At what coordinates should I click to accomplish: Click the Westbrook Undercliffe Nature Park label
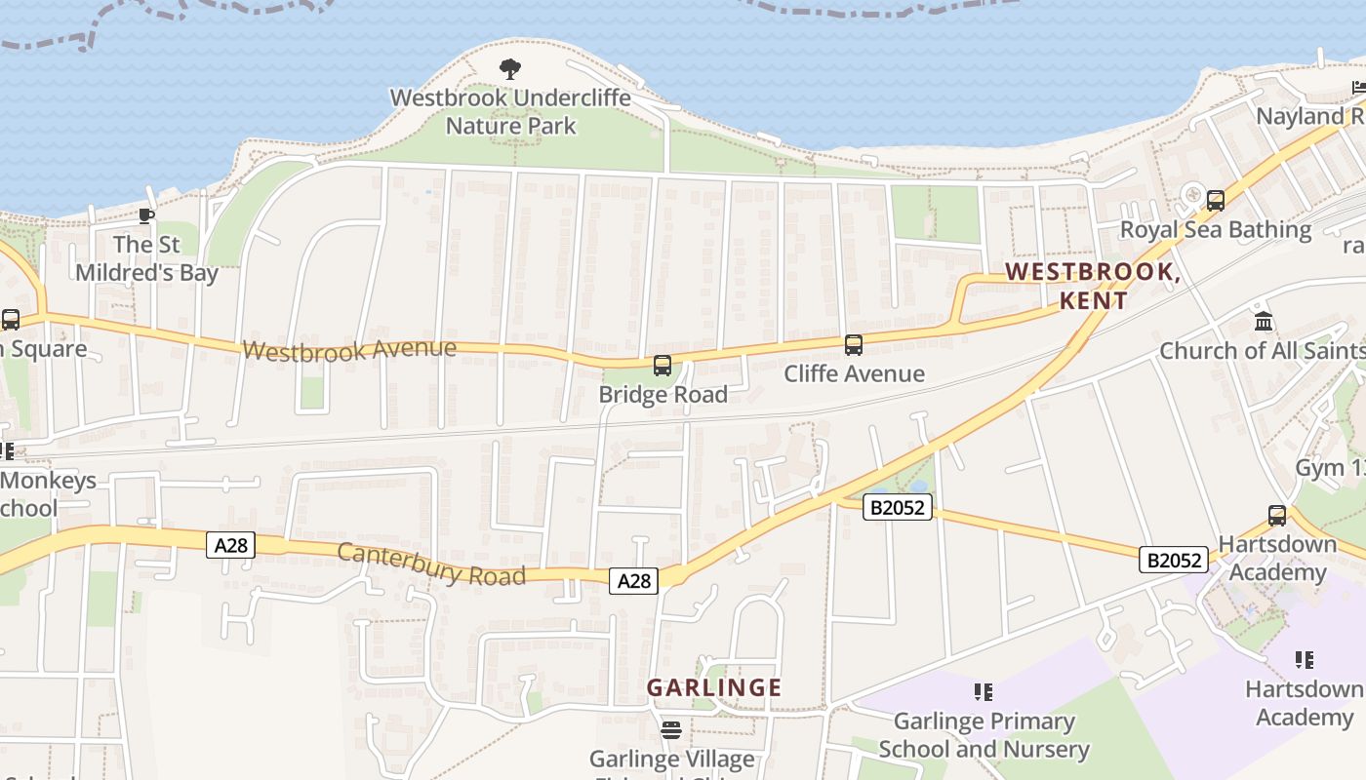(510, 112)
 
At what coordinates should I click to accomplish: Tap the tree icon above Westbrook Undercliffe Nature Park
(509, 69)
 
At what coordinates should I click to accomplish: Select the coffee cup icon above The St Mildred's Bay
(146, 215)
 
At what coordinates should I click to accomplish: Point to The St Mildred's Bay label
(146, 258)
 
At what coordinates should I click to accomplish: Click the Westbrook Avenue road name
(349, 349)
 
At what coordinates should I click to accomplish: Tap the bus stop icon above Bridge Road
(663, 366)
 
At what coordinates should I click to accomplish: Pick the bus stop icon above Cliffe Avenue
(854, 344)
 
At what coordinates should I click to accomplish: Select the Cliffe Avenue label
(854, 373)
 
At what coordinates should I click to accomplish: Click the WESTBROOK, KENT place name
(1093, 286)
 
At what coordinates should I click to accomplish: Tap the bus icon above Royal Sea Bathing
(1216, 201)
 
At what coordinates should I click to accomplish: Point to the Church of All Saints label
(1262, 350)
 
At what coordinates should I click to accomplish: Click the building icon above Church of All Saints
(1264, 321)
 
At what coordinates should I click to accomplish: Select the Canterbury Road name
(431, 565)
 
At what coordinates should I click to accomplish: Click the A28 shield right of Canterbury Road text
(634, 581)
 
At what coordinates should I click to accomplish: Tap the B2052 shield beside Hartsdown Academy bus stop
(1174, 560)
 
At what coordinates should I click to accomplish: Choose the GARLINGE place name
(714, 687)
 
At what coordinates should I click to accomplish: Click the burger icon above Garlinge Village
(671, 729)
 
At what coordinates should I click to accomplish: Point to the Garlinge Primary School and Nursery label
(984, 735)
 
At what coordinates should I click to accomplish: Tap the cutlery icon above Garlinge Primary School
(984, 692)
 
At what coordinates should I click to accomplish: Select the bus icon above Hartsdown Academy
(1276, 516)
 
